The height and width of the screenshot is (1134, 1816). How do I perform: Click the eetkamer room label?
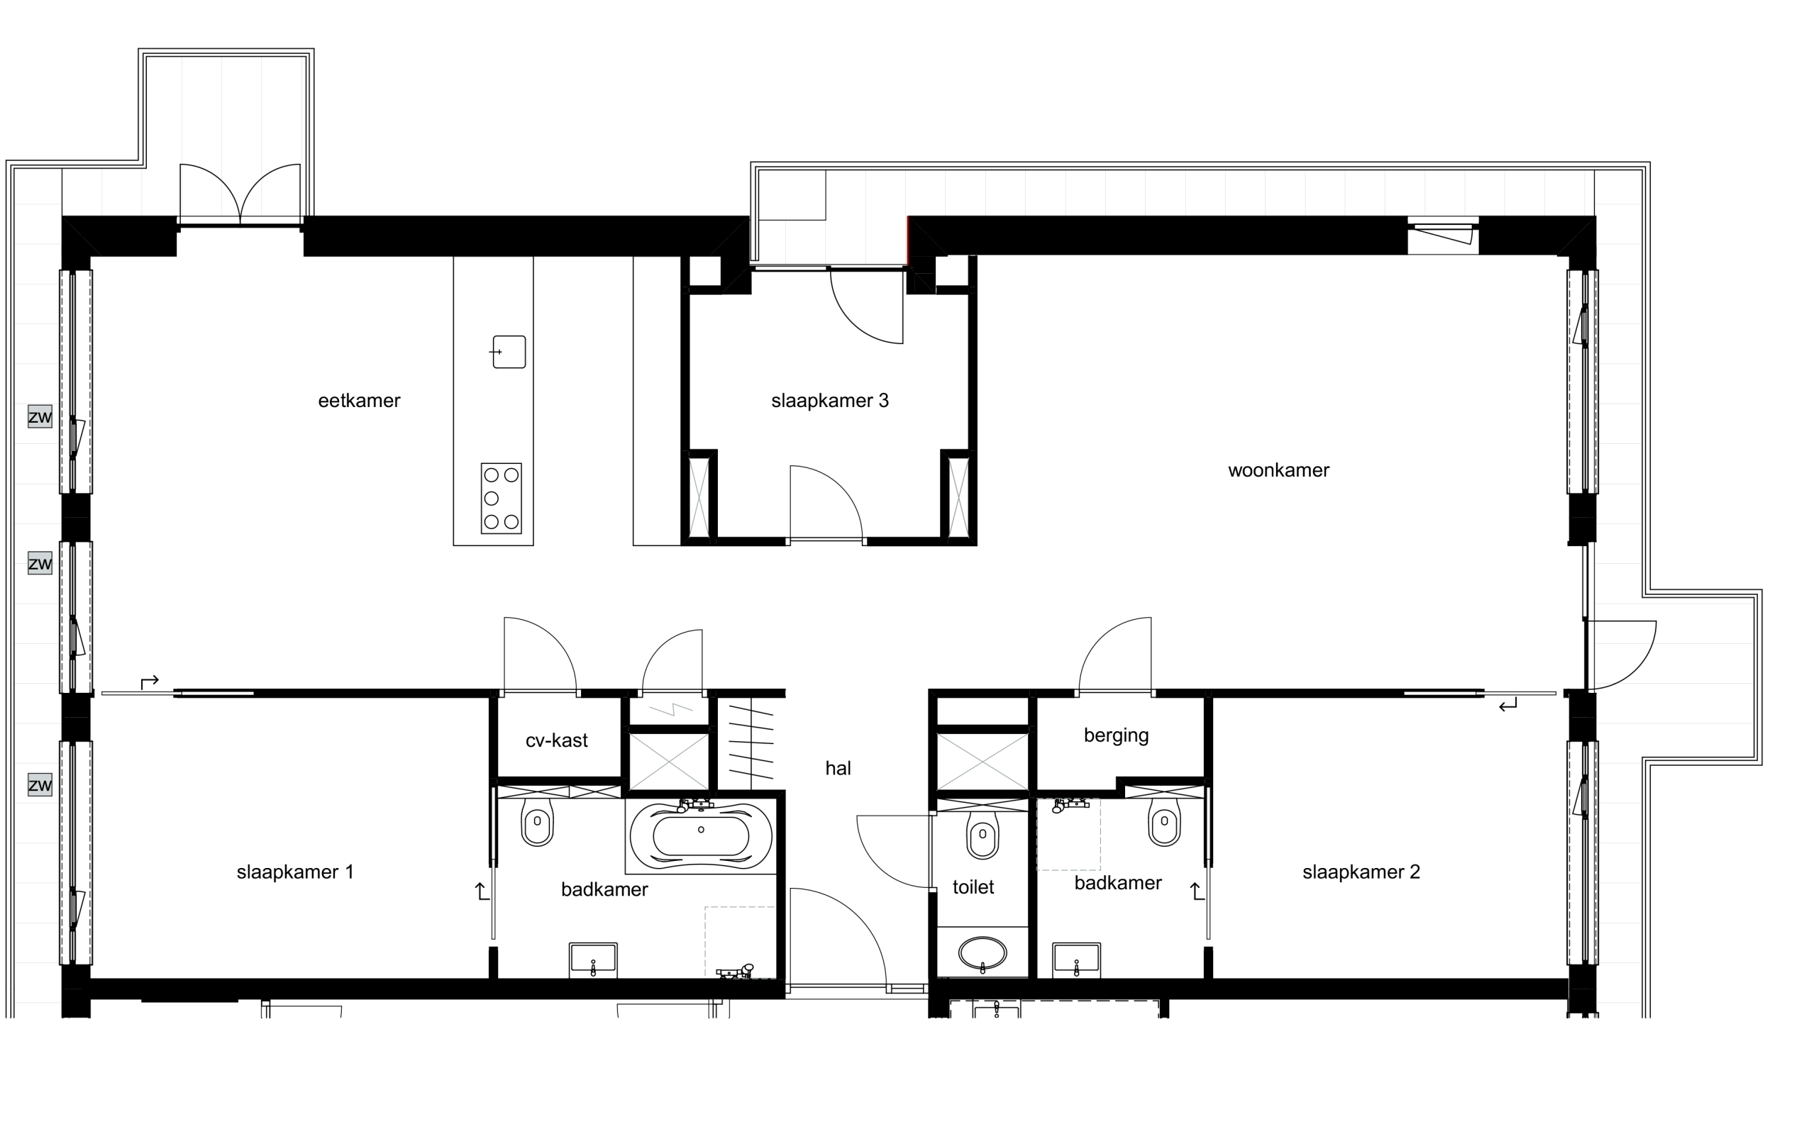(x=360, y=401)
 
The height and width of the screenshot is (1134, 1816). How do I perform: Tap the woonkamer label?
(x=1278, y=470)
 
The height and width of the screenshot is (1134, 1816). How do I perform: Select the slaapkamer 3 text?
(x=830, y=401)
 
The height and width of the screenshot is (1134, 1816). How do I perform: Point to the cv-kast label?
(x=557, y=740)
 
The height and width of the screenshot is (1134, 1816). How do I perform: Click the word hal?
(x=838, y=768)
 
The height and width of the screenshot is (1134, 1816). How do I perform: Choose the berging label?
(x=1116, y=735)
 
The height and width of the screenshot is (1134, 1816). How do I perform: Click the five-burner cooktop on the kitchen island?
(x=501, y=499)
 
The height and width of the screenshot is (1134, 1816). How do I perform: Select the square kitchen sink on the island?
(x=509, y=352)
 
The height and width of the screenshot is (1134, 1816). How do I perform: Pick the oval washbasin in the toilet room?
(x=982, y=954)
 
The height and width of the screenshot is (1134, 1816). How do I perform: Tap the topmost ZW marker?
(x=40, y=416)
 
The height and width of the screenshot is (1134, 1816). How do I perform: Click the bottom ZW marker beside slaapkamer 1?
(x=40, y=785)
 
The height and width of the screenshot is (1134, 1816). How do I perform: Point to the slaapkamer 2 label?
(x=1361, y=872)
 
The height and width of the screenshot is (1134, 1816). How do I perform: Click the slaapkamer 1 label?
(x=295, y=872)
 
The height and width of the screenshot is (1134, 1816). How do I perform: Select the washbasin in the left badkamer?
(x=593, y=960)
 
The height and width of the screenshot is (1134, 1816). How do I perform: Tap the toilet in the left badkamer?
(x=537, y=821)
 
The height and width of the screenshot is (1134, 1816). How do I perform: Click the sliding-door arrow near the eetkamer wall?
(x=150, y=681)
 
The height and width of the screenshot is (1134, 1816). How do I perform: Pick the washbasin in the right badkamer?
(x=1076, y=960)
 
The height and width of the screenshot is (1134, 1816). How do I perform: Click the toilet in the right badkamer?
(x=1164, y=821)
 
